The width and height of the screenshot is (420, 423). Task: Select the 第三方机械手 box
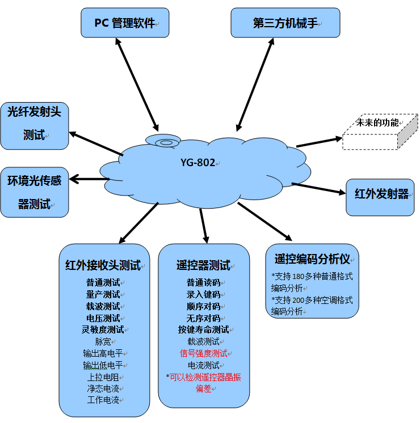tap(285, 23)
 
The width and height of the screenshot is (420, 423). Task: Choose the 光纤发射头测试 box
tap(35, 126)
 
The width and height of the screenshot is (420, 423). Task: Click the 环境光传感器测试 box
tap(35, 192)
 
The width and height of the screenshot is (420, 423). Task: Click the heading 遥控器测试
tap(203, 265)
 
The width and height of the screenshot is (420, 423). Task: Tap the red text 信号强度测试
tap(203, 353)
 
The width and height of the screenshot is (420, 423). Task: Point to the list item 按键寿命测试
tap(203, 329)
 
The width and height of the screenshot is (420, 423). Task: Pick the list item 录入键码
tap(203, 294)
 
